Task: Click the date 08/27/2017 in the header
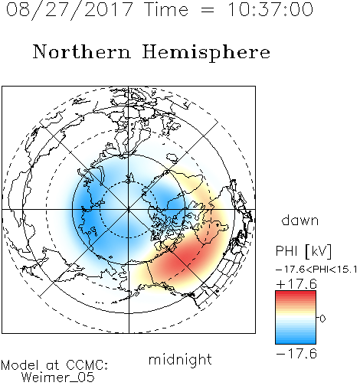coord(69,10)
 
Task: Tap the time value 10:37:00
coord(270,9)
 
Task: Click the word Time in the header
coord(166,9)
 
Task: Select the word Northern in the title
coord(82,51)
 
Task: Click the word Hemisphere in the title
coord(206,53)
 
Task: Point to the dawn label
coord(300,220)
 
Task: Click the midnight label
coord(180,360)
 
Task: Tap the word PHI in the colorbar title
coord(286,251)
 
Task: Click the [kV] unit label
coord(318,251)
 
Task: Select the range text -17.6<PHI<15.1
coord(316,270)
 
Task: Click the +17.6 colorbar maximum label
coord(296,284)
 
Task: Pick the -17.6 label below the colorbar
coord(296,354)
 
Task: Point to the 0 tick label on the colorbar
coord(322,319)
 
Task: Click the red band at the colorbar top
coord(296,294)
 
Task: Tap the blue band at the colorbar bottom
coord(296,340)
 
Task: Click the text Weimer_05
coord(58,378)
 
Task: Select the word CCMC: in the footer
coord(87,365)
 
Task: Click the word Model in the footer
coord(20,365)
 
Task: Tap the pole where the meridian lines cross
coord(129,210)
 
